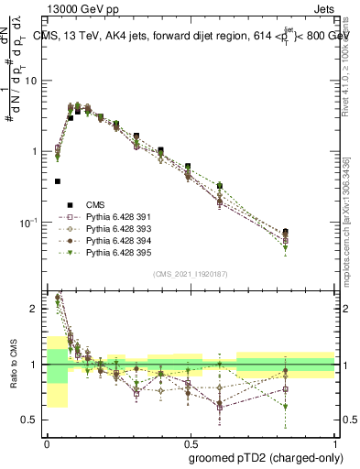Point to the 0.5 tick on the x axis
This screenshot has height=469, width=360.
[191, 440]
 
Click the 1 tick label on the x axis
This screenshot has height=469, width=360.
[335, 440]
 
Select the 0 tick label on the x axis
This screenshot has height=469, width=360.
[47, 440]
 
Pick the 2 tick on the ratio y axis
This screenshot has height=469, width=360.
[37, 309]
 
